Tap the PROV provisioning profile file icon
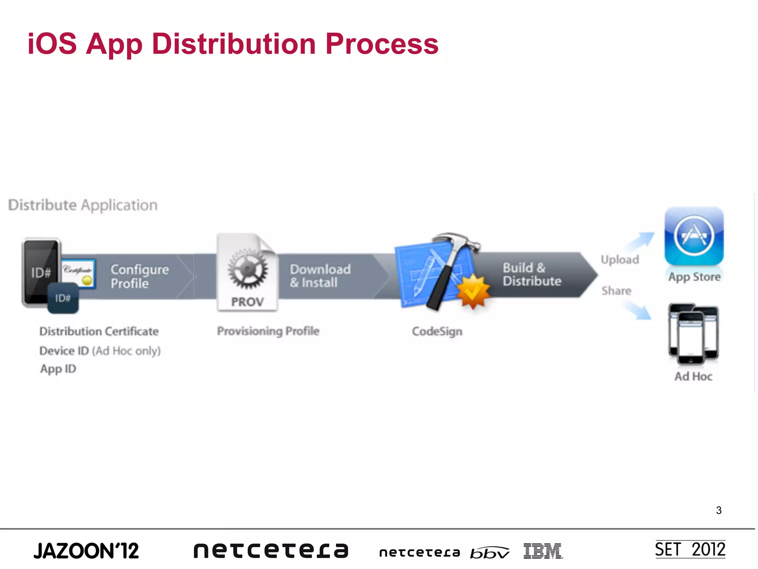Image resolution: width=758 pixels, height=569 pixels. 247,272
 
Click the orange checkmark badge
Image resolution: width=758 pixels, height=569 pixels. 473,292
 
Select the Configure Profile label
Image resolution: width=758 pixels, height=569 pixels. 140,276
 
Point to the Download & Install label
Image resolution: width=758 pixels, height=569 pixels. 320,276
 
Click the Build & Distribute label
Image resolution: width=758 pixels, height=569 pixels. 531,274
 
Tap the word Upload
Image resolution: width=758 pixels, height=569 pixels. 620,259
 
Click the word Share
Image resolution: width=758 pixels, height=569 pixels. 616,291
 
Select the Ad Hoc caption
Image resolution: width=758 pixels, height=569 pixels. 693,376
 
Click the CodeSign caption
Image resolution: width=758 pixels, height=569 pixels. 437,331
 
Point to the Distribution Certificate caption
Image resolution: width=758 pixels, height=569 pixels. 99,331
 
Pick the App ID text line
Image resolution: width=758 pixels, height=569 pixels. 58,369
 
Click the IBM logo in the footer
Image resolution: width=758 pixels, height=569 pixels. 543,551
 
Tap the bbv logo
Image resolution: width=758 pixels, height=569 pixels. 489,552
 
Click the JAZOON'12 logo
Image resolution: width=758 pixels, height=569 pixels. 86,551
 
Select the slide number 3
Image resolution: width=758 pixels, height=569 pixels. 718,510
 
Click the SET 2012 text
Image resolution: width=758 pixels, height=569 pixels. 690,549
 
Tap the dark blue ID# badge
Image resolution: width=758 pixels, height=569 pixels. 63,298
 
